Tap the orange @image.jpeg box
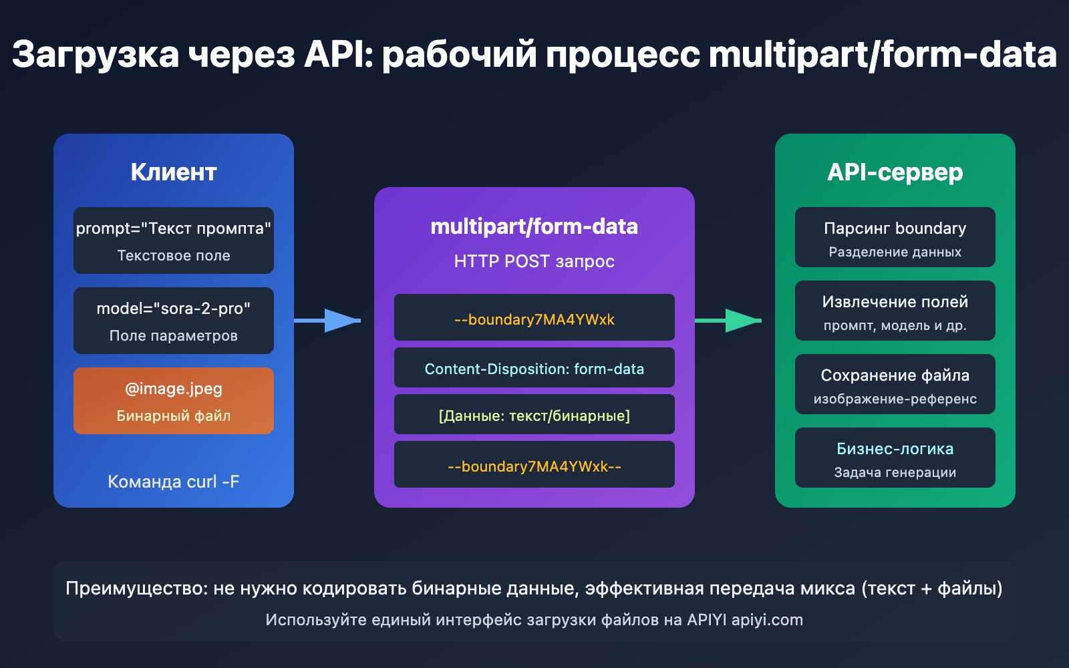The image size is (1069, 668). coord(174,401)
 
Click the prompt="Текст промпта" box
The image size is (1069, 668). coord(174,240)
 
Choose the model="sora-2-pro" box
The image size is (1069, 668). coord(174,321)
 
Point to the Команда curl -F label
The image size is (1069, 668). coord(174,482)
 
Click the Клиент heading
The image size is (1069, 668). coord(174,172)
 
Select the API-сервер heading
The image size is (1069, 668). coord(895,172)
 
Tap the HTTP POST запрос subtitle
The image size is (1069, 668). coord(534,261)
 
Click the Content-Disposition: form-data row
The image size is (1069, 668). coord(534,368)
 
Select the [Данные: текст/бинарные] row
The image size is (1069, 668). coord(534,415)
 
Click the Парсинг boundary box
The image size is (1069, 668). coord(895,237)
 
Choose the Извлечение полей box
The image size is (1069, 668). coord(895,311)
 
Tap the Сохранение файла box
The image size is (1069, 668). coord(895,384)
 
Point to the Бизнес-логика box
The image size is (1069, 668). coord(895,458)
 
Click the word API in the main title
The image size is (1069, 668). coord(338,55)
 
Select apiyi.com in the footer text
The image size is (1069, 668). coord(767,620)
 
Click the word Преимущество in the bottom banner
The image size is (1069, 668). coord(136,589)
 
